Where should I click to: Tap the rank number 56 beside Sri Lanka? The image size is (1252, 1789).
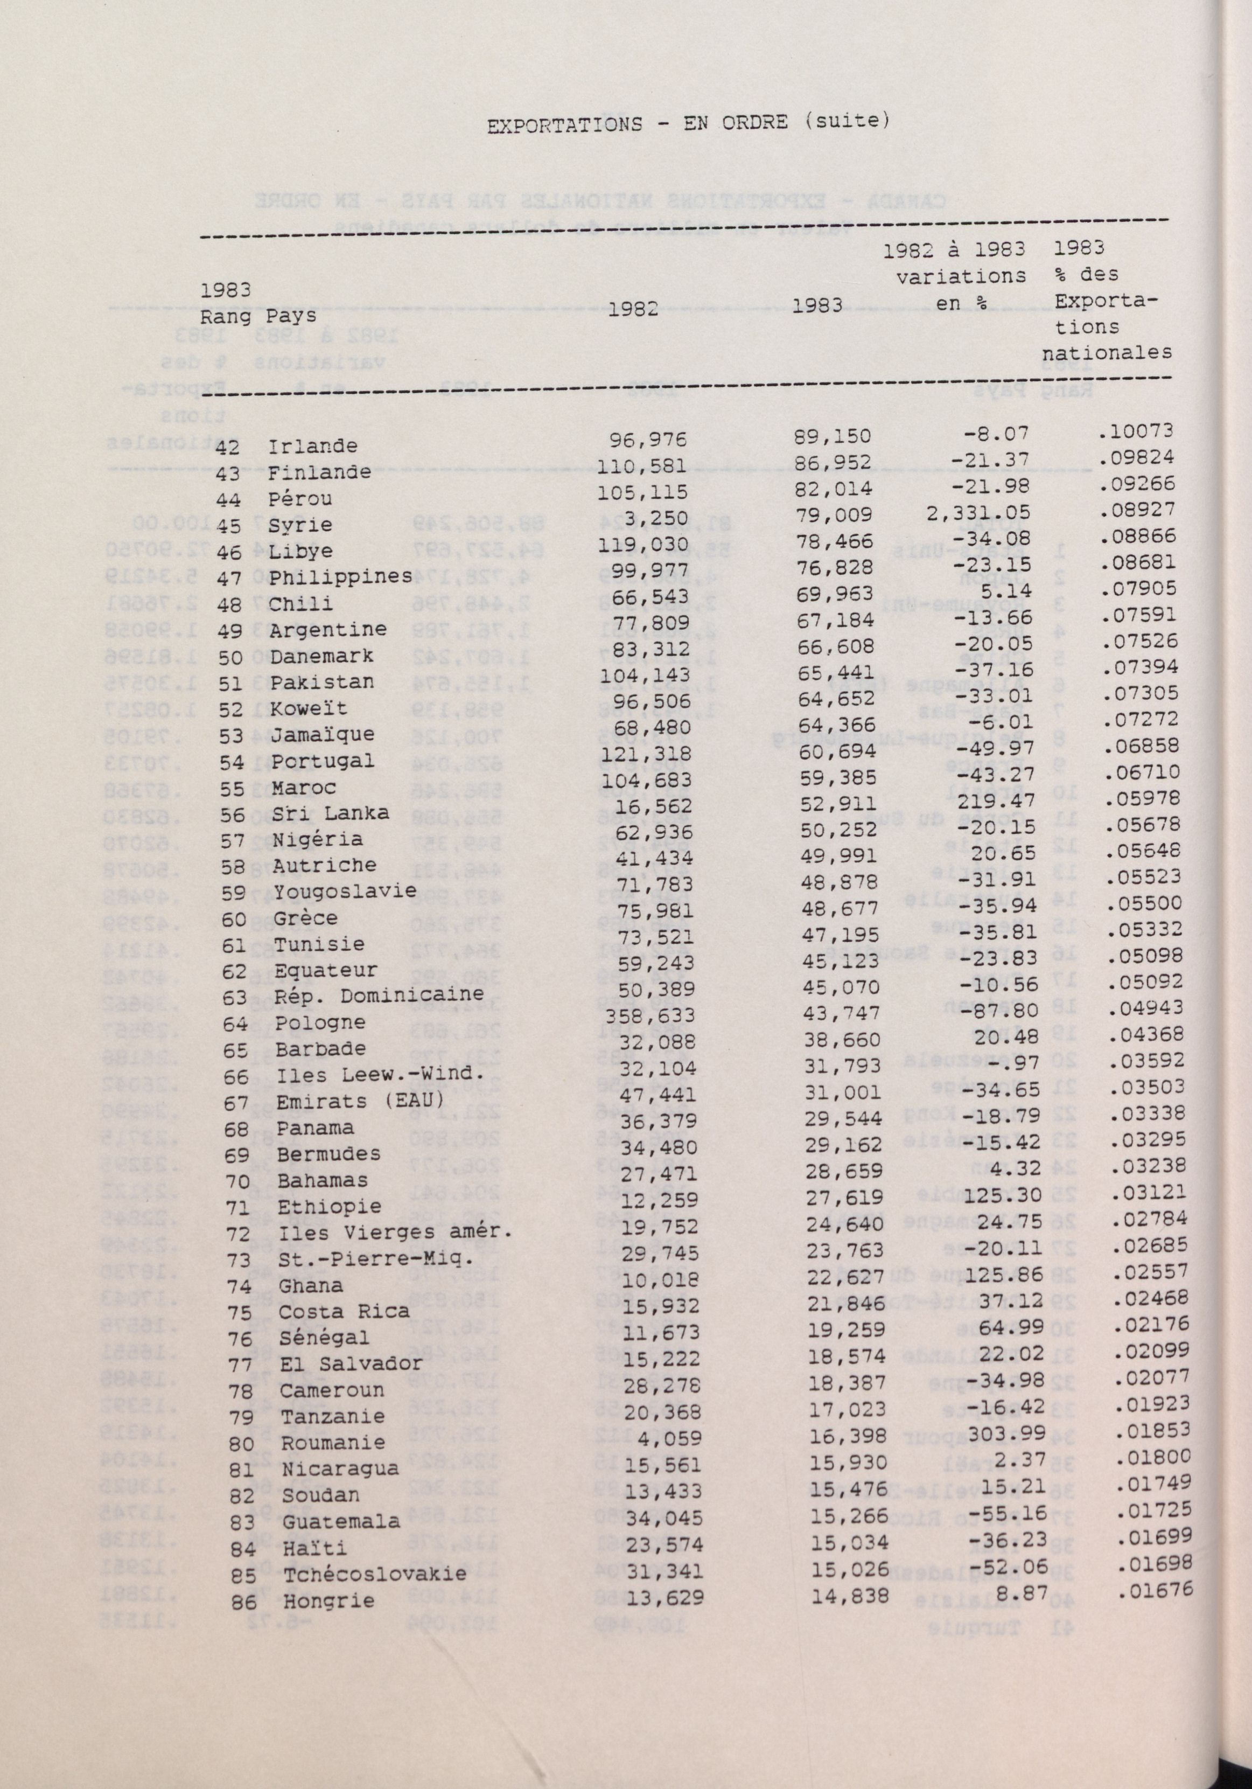(x=232, y=813)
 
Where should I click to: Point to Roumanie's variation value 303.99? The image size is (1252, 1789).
(x=992, y=1432)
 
